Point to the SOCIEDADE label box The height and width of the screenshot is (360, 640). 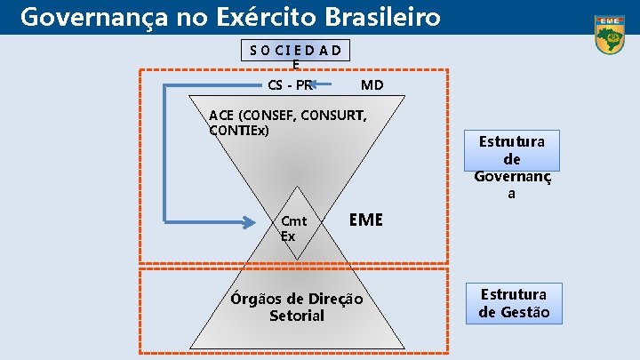pyautogui.click(x=297, y=50)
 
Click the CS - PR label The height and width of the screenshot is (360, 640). pyautogui.click(x=290, y=85)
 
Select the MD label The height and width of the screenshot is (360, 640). pyautogui.click(x=372, y=85)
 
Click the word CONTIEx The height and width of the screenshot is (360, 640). pyautogui.click(x=238, y=131)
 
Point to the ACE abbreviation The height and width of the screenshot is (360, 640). pyautogui.click(x=222, y=116)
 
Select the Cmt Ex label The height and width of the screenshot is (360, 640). pyautogui.click(x=292, y=228)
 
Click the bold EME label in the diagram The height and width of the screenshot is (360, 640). pyautogui.click(x=365, y=220)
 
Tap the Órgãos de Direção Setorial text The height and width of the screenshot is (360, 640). pyautogui.click(x=297, y=307)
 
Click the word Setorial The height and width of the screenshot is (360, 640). pyautogui.click(x=297, y=316)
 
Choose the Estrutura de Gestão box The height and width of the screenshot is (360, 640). pyautogui.click(x=514, y=303)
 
